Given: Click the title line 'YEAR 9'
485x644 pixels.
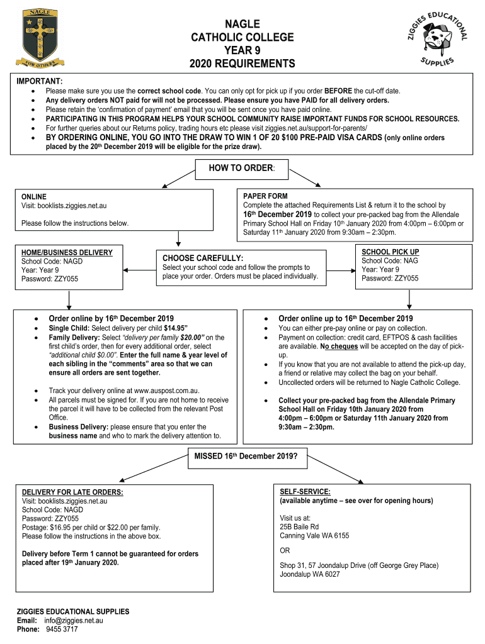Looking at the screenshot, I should (x=242, y=50).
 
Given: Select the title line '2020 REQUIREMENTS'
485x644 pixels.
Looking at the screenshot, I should (x=242, y=64).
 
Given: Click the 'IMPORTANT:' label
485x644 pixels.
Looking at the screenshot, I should (x=39, y=82).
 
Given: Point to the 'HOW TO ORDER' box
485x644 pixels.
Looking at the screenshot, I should (x=242, y=169).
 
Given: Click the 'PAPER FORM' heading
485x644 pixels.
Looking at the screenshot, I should (x=265, y=196).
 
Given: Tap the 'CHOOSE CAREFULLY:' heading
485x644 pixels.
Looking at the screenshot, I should (x=203, y=258).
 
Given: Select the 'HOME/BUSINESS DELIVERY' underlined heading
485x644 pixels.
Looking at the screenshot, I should (x=67, y=253).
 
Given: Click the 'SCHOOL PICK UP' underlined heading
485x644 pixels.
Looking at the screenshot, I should (x=390, y=252).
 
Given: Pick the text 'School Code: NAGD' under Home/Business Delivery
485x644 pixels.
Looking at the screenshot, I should (x=52, y=262).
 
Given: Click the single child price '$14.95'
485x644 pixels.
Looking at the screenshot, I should (x=176, y=328).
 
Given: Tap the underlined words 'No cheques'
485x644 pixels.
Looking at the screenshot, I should (x=339, y=347).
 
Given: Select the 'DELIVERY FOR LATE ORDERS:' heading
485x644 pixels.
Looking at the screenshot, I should (x=72, y=492).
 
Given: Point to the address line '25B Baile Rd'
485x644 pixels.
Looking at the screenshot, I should (x=299, y=527).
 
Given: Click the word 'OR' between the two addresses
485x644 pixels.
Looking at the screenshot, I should (x=285, y=550).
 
